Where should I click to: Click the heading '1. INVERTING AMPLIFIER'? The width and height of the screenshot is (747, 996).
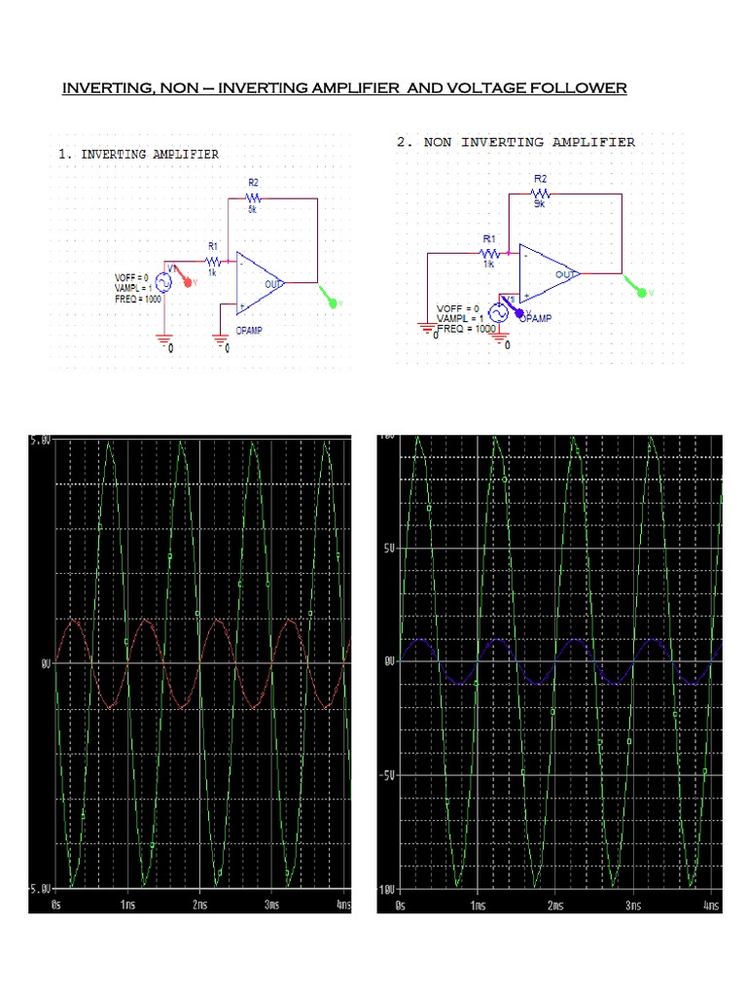(138, 154)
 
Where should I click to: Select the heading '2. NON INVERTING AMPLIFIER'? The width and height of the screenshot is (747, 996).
(516, 142)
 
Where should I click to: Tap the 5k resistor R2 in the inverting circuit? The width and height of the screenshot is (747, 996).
(252, 197)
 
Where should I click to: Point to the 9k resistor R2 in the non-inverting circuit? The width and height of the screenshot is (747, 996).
(541, 193)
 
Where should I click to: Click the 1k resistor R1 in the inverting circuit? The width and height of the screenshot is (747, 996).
(213, 261)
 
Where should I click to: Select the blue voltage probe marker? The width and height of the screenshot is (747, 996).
(519, 312)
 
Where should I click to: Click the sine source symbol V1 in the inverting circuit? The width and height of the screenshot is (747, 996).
(163, 281)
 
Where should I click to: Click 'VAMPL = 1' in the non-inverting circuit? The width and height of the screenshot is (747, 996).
(461, 318)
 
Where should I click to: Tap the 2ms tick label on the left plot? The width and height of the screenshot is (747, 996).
(200, 904)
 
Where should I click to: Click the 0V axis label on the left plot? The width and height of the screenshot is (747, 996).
(45, 663)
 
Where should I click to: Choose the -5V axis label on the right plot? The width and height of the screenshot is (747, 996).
(387, 775)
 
